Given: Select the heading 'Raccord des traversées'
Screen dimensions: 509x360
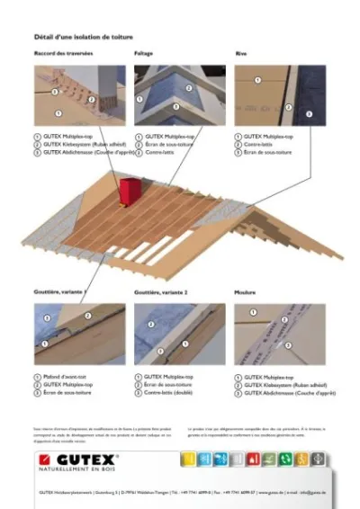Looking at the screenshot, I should coord(64,54).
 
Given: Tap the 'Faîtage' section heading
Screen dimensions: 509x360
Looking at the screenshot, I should coord(144,54).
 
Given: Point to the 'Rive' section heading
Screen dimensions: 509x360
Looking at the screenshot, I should coord(240,54).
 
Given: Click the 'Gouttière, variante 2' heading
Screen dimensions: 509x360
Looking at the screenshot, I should coord(162,294).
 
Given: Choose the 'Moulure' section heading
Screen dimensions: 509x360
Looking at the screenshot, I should coord(245,294).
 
